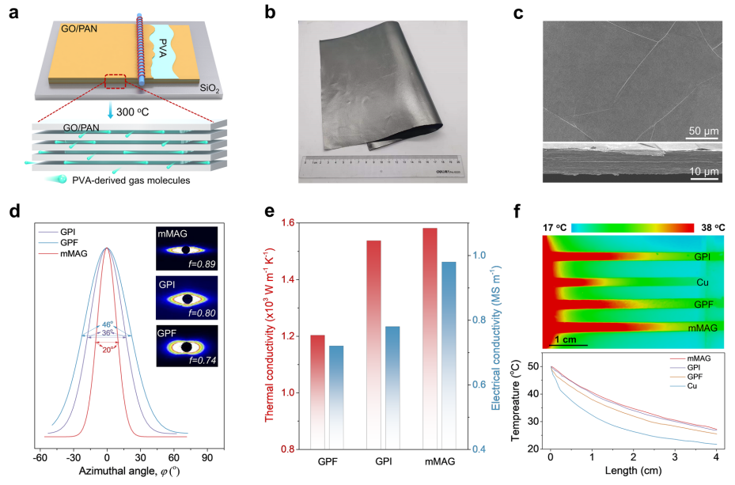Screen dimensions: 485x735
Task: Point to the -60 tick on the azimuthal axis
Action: pos(40,457)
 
